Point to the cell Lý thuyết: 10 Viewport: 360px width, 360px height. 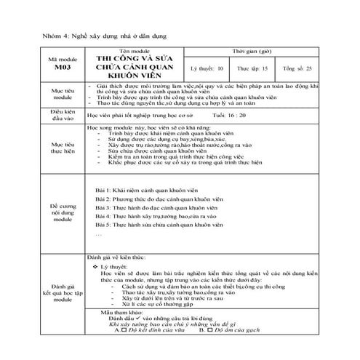pos(206,67)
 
